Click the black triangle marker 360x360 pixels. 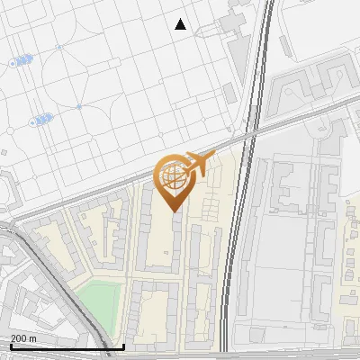click(181, 24)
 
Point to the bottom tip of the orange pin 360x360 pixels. click(173, 211)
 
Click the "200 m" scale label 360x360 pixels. click(24, 337)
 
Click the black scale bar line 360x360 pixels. click(67, 346)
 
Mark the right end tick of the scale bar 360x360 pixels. click(123, 345)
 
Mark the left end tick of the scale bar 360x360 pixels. click(10, 345)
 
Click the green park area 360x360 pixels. click(100, 298)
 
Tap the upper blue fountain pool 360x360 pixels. click(22, 60)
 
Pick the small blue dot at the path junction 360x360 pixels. click(78, 106)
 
